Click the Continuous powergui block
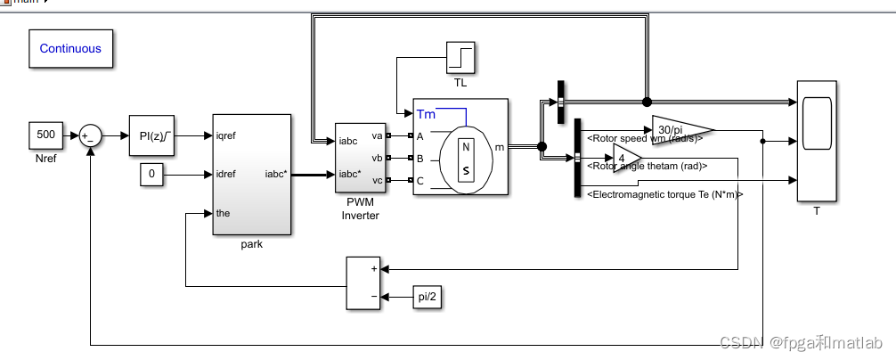click(x=70, y=49)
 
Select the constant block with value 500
click(x=46, y=135)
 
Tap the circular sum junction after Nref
click(x=90, y=135)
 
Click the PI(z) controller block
click(x=155, y=135)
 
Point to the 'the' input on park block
click(x=224, y=213)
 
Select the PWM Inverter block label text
click(x=361, y=209)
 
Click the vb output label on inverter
click(x=377, y=158)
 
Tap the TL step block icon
click(x=460, y=58)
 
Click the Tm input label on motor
click(x=426, y=114)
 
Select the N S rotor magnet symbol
click(x=465, y=159)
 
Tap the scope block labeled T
click(x=817, y=140)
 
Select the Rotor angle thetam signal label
click(x=647, y=166)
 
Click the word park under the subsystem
click(x=251, y=244)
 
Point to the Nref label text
click(x=46, y=157)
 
